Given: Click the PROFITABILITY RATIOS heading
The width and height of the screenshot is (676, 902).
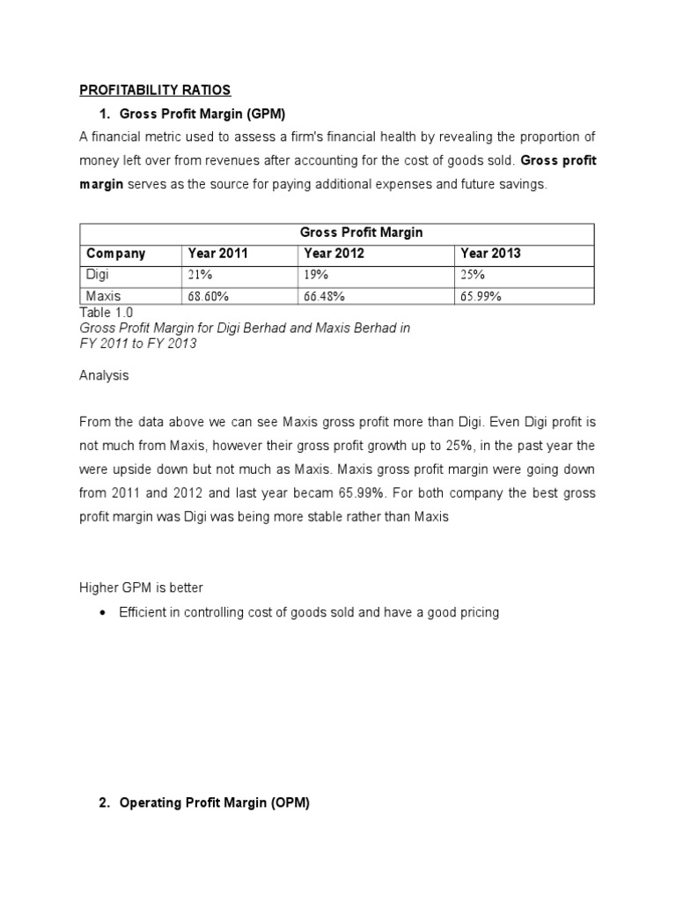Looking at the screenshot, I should point(155,90).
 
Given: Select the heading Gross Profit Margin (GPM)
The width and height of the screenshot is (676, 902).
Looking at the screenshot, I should point(202,114).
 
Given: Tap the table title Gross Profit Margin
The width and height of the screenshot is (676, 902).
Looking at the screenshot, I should point(361,233).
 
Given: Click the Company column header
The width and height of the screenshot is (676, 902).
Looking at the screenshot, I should point(115,254).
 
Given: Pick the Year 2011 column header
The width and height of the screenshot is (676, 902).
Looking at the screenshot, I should point(217,254).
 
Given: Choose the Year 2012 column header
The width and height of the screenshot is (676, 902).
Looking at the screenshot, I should point(334,254).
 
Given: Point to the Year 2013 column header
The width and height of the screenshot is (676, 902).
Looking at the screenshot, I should point(490,254).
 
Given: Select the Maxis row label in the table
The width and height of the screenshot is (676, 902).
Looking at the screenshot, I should point(103,297).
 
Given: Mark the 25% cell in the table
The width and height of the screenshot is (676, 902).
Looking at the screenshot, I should point(473,275).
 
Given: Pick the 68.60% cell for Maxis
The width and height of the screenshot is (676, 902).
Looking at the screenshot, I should point(209,297).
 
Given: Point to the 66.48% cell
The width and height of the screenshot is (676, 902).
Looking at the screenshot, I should point(325,297).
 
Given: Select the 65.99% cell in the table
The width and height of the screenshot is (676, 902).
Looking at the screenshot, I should point(481,297).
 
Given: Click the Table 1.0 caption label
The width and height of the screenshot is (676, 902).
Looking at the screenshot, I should point(107,312).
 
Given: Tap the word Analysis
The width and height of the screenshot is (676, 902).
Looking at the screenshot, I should point(104,375).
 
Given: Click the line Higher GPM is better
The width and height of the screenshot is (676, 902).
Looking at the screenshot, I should point(141,588).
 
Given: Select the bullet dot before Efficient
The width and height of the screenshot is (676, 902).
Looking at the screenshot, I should point(104,612).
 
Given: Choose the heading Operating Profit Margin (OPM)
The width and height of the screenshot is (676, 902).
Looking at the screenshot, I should point(214,803).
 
